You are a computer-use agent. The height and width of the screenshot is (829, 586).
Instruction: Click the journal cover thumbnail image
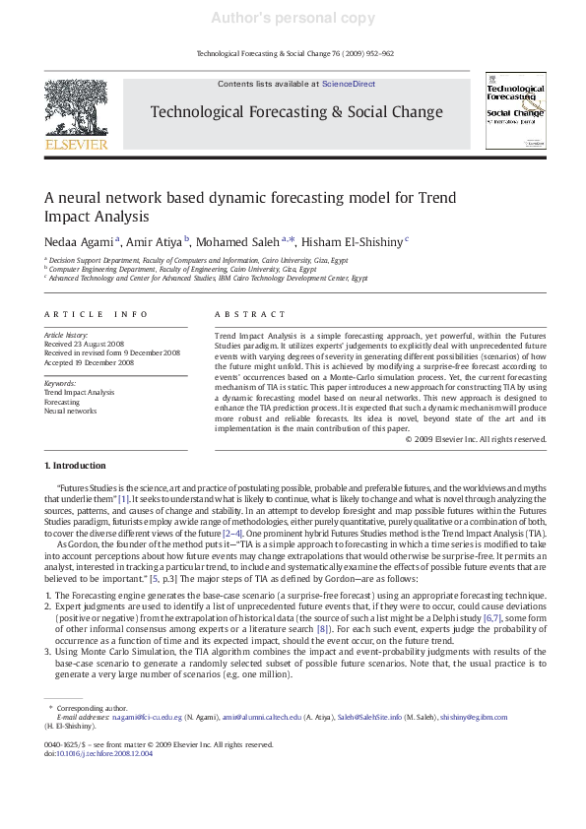tap(515, 111)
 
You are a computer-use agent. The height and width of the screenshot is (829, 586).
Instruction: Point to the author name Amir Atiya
tap(157, 241)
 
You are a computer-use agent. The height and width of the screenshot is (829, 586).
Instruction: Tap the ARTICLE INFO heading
tap(97, 315)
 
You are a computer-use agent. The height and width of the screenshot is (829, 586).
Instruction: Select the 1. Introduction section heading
tap(77, 465)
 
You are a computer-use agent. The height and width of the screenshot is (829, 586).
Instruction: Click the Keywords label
tap(60, 383)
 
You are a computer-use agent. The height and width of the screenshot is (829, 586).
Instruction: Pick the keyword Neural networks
tap(71, 411)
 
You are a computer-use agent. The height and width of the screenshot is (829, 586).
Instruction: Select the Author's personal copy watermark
tap(293, 18)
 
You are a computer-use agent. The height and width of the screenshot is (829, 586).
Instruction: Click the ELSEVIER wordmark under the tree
tap(76, 145)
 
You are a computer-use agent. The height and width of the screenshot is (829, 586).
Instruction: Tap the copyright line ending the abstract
tap(475, 438)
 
